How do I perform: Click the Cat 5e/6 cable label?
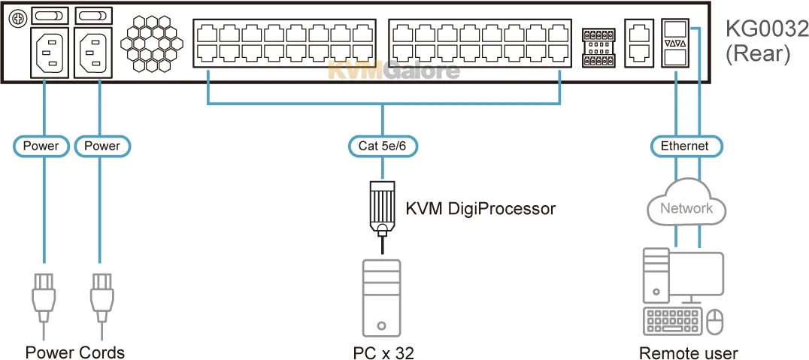click(383, 146)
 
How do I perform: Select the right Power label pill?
click(102, 146)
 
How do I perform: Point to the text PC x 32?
click(383, 352)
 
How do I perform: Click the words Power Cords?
click(75, 352)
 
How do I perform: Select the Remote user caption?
click(688, 352)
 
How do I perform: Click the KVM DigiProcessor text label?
click(480, 208)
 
